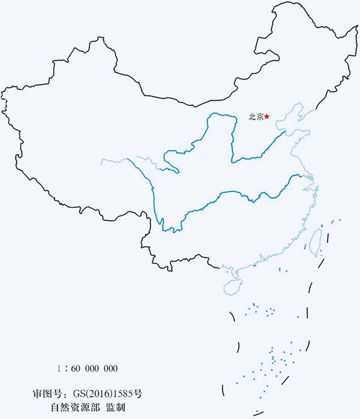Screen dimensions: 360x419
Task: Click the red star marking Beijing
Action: click(x=267, y=117)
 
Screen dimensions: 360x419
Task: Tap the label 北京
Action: click(x=256, y=117)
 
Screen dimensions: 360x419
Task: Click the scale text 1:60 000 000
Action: click(x=87, y=369)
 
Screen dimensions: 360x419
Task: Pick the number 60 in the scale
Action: click(x=78, y=369)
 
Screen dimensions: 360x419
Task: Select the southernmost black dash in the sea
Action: click(x=224, y=390)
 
